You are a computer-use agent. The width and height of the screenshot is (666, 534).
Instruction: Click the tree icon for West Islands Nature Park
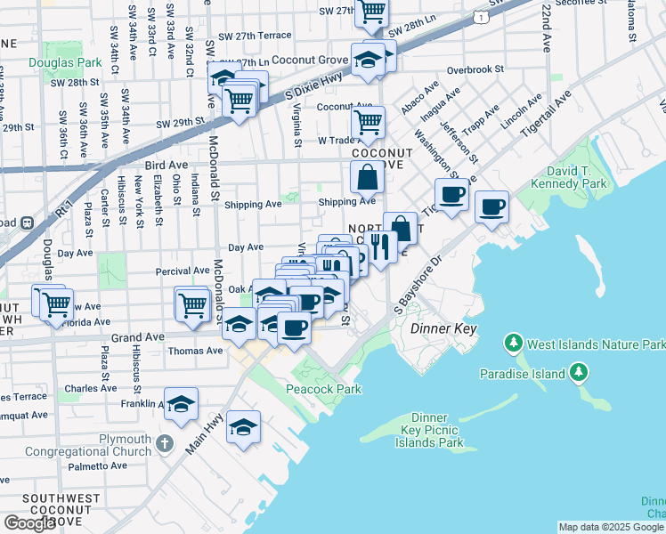pos(513,343)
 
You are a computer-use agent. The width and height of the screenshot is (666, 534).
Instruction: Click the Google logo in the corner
pos(29,523)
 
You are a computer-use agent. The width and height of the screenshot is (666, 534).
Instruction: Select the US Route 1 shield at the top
pos(481,17)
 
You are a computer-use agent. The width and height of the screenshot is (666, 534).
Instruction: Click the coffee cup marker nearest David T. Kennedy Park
pos(491,208)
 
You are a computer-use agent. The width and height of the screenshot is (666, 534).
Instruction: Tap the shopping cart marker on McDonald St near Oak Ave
pos(192,304)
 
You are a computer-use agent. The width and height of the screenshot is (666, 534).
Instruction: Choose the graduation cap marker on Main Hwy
pos(243,428)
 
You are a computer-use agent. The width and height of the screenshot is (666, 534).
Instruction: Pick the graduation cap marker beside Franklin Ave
pos(181,404)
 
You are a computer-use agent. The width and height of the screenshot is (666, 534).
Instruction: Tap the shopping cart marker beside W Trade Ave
pos(368,122)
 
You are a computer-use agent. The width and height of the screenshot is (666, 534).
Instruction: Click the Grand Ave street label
pos(137,337)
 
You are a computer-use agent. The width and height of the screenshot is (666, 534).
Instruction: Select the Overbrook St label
pos(475,69)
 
